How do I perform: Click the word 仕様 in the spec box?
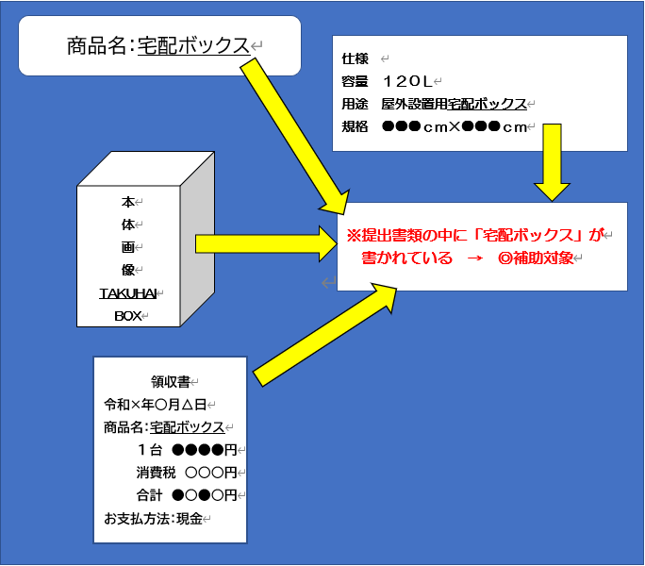coord(355,58)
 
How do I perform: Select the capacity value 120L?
coord(406,81)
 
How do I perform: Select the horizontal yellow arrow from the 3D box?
coord(264,243)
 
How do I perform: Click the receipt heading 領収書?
coord(170,382)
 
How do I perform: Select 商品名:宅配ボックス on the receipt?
coord(164,427)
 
